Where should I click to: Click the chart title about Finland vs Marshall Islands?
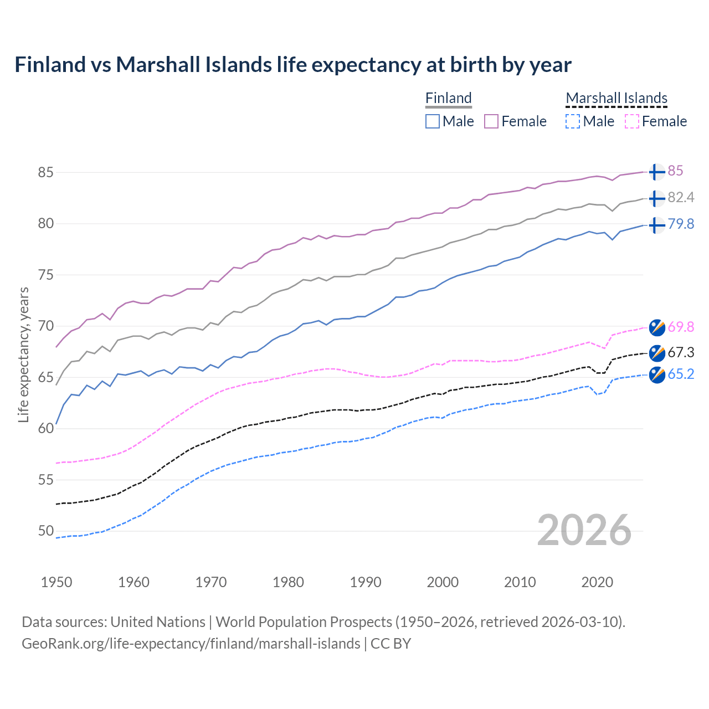(x=292, y=65)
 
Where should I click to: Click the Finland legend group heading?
(x=448, y=98)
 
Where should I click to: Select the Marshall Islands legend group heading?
(x=616, y=98)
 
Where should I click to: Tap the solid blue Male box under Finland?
(x=433, y=121)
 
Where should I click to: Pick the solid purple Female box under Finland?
(x=491, y=121)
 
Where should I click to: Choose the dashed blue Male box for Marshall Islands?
(x=573, y=121)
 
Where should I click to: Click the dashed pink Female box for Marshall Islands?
(x=631, y=121)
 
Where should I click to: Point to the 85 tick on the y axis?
(x=45, y=172)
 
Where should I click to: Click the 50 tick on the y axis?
(x=45, y=531)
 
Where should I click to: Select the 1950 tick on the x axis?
(x=56, y=582)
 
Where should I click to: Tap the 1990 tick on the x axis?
(x=366, y=582)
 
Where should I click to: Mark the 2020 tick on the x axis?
(x=597, y=582)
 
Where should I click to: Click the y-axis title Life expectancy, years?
(x=23, y=354)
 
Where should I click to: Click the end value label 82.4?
(x=681, y=198)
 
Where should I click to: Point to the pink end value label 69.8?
(x=681, y=327)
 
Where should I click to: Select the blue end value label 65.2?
(x=681, y=374)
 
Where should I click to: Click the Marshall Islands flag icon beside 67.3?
(x=657, y=353)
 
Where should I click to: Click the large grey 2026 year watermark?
(x=584, y=530)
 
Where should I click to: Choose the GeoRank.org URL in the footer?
(x=191, y=644)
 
